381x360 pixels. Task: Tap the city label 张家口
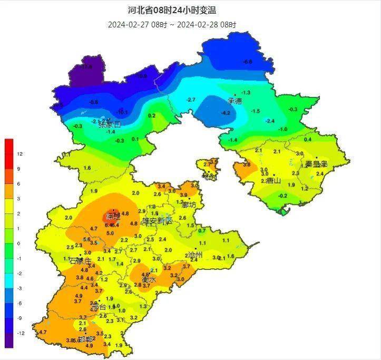tap(110, 125)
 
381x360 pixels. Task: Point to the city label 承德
tap(235, 101)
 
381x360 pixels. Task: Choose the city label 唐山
tap(273, 181)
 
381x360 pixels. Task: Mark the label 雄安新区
tap(157, 220)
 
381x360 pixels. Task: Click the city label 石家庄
tap(80, 260)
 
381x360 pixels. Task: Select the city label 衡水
tap(149, 280)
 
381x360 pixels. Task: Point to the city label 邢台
tap(98, 307)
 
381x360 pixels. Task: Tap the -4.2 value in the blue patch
tap(226, 113)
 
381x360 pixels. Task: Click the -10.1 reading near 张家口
tap(122, 112)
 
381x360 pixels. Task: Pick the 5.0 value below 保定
tap(110, 233)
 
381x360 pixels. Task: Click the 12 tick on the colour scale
tap(19, 154)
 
